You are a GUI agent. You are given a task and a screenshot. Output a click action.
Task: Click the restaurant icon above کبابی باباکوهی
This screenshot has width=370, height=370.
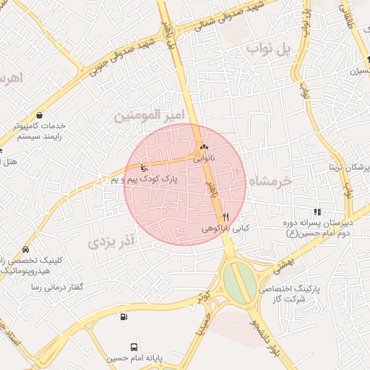click(x=226, y=217)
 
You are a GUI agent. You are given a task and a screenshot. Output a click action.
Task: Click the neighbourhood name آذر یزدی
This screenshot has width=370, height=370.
click(x=111, y=242)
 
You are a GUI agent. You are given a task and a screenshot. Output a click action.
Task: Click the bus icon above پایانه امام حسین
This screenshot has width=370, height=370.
click(x=134, y=348)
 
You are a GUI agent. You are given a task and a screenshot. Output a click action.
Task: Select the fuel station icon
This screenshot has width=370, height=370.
click(x=124, y=317)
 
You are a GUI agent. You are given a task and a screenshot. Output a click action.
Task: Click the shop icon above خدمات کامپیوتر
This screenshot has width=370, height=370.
click(x=38, y=115)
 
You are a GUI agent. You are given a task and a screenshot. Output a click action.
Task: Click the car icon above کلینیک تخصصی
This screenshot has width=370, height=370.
click(x=26, y=249)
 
